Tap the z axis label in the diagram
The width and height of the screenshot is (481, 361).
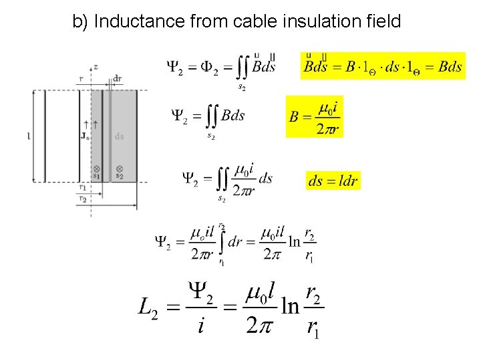[x=96, y=67]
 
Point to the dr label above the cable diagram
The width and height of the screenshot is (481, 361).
[x=118, y=78]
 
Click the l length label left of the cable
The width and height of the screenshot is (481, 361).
[x=28, y=136]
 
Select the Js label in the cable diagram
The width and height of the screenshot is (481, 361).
[x=85, y=136]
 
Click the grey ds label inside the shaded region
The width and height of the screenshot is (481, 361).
[x=119, y=136]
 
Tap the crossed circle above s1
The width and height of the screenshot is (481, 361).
[x=97, y=168]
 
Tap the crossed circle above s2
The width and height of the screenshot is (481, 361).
[x=119, y=168]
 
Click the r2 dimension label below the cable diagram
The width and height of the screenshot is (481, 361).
[x=83, y=199]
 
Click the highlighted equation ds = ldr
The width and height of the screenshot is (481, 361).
[x=333, y=180]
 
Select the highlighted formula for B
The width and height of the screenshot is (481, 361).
[x=314, y=116]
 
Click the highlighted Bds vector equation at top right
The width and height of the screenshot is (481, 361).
[x=382, y=66]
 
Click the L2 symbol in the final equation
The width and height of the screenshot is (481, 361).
[x=148, y=308]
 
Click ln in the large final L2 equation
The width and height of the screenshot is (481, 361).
[x=289, y=306]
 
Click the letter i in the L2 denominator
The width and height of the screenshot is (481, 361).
[x=201, y=326]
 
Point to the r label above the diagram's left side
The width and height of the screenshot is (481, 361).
[x=81, y=78]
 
